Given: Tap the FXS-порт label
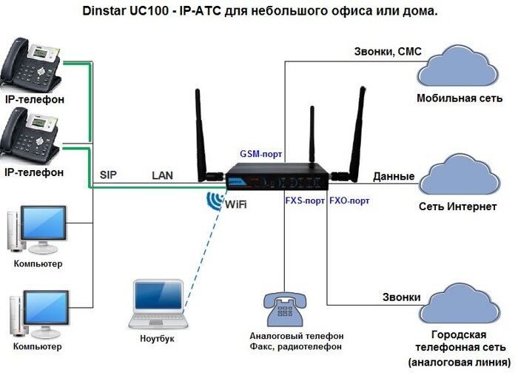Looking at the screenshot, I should coord(304,200).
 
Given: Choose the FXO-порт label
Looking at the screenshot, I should coord(349,200).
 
